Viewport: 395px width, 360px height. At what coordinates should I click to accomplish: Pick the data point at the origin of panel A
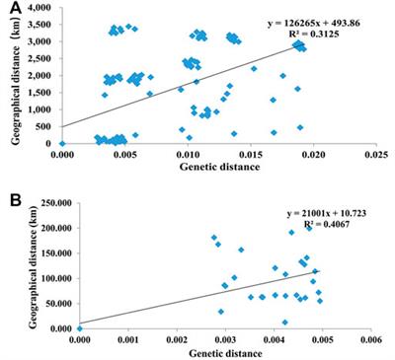62,143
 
